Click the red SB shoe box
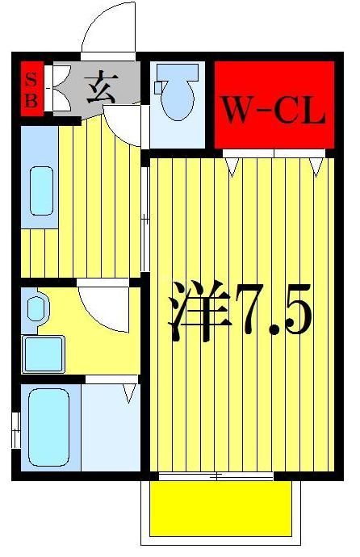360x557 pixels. pyautogui.click(x=31, y=89)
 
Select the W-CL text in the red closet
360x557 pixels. pyautogui.click(x=274, y=111)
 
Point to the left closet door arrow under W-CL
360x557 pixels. pyautogui.click(x=234, y=166)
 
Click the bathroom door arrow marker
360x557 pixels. pyautogui.click(x=128, y=393)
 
